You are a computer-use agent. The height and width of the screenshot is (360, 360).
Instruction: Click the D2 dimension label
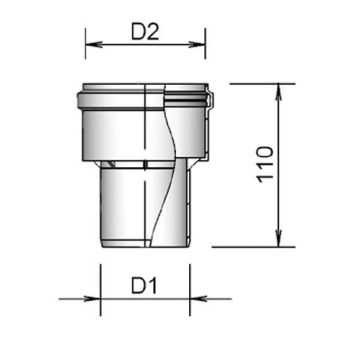pyautogui.click(x=145, y=32)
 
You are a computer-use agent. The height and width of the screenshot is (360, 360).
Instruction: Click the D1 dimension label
pyautogui.click(x=144, y=286)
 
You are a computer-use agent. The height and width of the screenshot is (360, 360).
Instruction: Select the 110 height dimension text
pyautogui.click(x=266, y=164)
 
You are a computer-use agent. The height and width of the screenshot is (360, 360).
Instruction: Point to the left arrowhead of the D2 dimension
pyautogui.click(x=94, y=44)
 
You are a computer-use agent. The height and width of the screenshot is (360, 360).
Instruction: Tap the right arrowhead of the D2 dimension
pyautogui.click(x=197, y=44)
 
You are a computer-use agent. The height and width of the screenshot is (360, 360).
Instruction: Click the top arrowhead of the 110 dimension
pyautogui.click(x=279, y=92)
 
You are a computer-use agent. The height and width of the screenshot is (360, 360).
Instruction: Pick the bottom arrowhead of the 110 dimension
pyautogui.click(x=279, y=239)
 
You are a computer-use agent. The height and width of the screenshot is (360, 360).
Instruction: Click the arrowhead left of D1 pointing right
pyautogui.click(x=92, y=299)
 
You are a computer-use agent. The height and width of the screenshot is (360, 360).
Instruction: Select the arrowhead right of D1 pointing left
pyautogui.click(x=198, y=299)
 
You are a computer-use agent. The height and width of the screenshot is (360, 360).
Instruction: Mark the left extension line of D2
pyautogui.click(x=86, y=43)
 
